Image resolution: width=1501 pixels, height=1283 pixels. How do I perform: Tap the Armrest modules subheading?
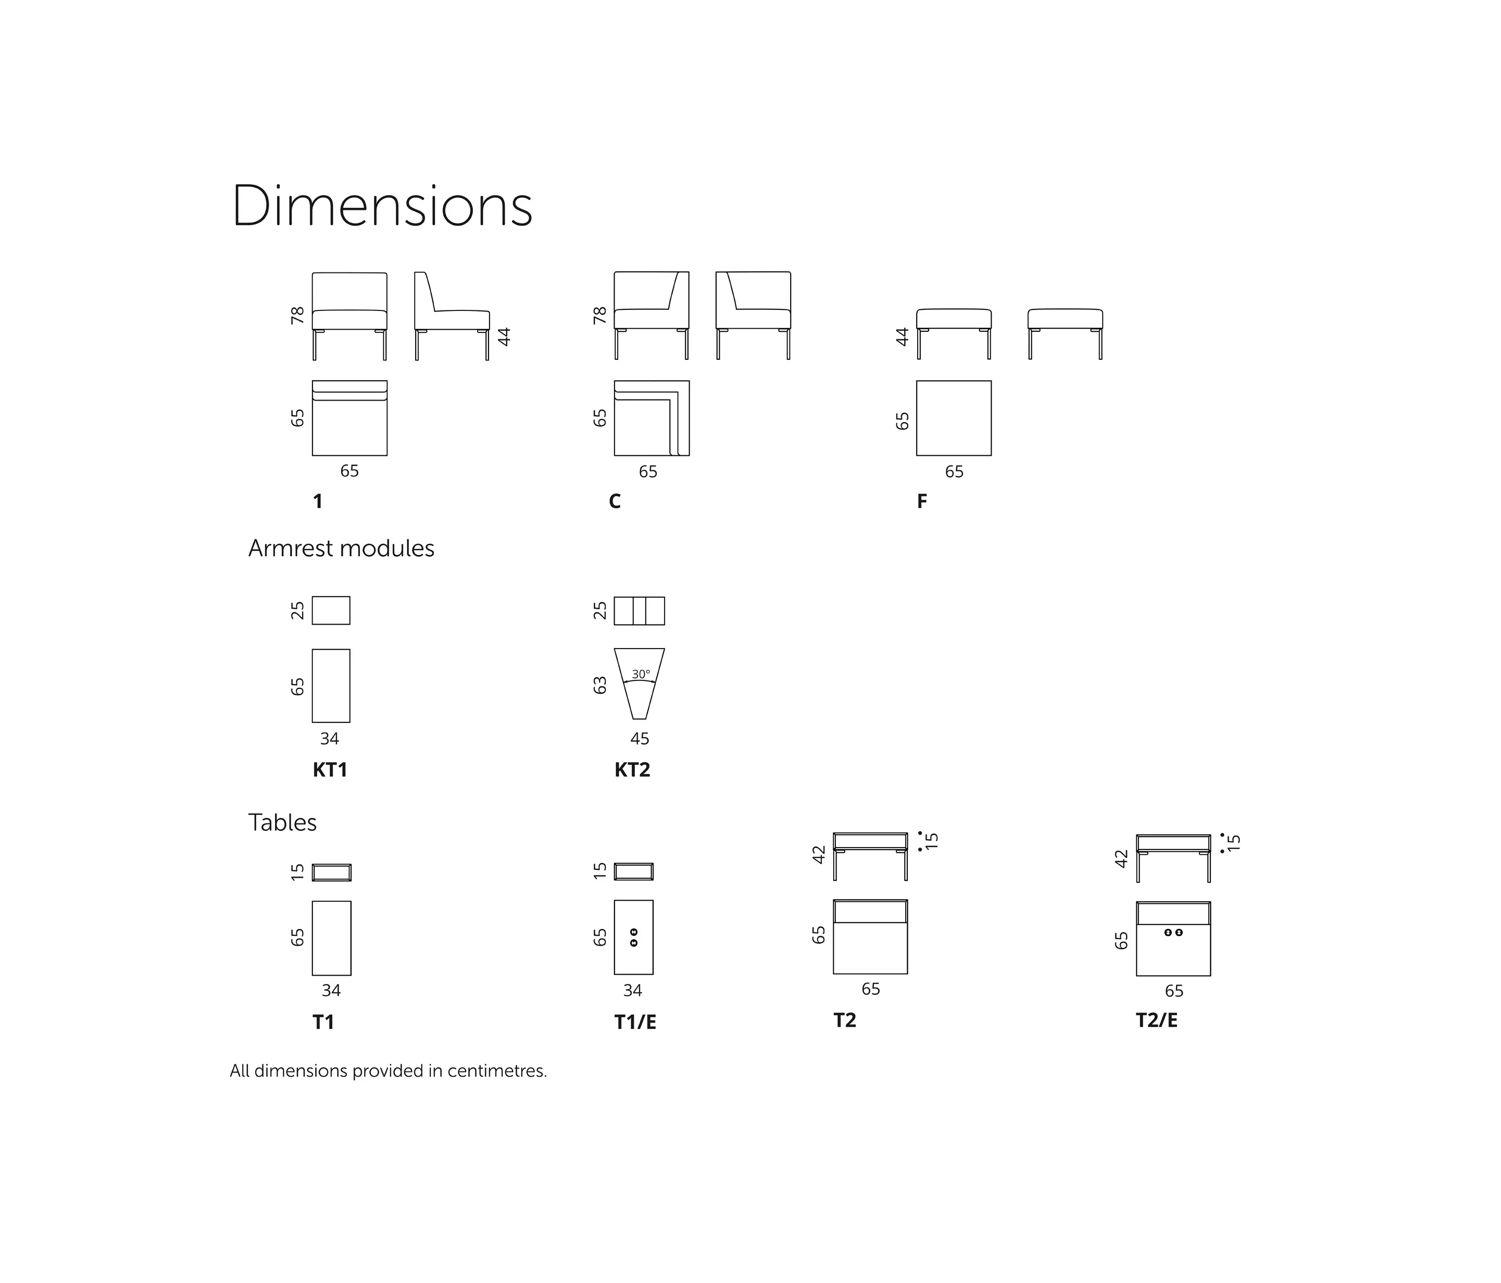(x=341, y=549)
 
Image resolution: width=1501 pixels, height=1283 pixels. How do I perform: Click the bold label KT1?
(x=330, y=770)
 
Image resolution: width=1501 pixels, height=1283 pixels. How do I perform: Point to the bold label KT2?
(x=632, y=770)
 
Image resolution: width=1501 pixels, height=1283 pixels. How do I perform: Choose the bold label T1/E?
(x=635, y=1022)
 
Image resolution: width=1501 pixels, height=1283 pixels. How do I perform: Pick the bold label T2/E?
(x=1157, y=1020)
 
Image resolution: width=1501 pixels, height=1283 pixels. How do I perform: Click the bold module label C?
(x=615, y=501)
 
